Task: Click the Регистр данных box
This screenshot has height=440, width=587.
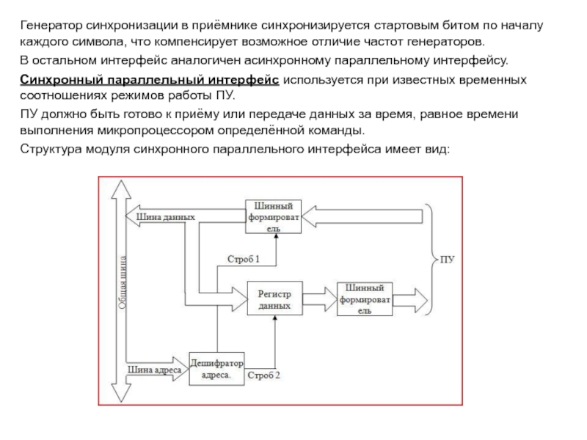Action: pos(274,298)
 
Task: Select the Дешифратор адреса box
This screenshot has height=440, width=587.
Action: pos(216,367)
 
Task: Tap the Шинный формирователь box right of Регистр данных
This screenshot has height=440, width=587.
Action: pos(365,298)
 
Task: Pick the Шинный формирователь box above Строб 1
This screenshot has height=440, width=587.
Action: pos(274,216)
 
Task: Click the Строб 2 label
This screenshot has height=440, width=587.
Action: pos(264,375)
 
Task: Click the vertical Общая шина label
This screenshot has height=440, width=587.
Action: pos(123,286)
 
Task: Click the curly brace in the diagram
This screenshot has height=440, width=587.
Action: pos(431,258)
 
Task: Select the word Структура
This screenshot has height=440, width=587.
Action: pos(48,150)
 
